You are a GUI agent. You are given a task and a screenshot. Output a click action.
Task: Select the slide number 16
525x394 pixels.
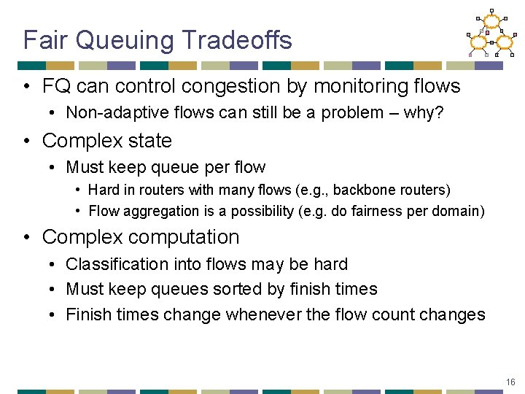(510, 382)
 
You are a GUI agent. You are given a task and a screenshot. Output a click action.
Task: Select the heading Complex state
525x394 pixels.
(107, 140)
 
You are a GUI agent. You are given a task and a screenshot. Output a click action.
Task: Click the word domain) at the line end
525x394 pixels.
(460, 211)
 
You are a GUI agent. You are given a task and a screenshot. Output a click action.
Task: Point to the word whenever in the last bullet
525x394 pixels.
(262, 314)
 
